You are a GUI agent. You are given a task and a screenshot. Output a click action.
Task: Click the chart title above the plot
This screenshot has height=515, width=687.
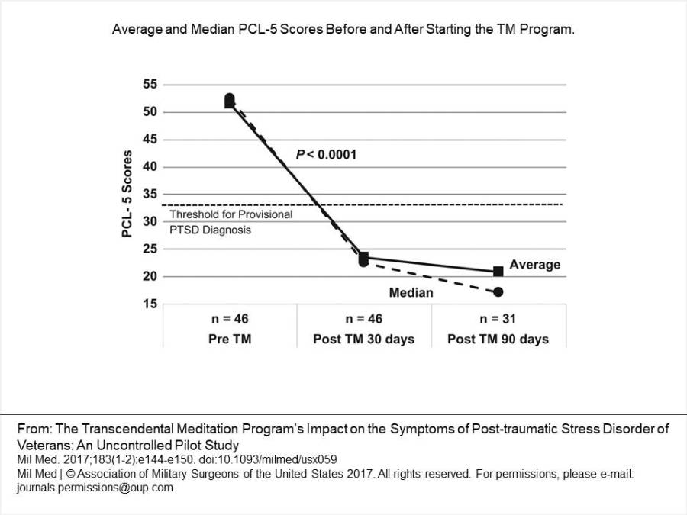coord(343,30)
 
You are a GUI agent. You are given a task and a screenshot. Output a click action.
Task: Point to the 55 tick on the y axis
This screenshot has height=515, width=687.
coord(150,85)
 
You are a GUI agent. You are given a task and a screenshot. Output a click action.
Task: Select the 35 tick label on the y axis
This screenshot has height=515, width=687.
coord(150,195)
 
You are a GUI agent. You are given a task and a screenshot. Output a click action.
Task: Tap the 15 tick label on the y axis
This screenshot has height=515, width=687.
coord(150,304)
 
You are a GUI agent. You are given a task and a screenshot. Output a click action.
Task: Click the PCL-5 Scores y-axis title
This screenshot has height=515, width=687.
coord(127,194)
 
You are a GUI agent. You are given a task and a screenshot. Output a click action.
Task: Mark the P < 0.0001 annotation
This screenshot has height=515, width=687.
coord(327,155)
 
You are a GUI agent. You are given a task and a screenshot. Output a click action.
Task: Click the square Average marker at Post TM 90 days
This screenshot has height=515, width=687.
coord(498,271)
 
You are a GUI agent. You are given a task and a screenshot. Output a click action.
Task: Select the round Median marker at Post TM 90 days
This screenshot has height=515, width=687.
coord(498,292)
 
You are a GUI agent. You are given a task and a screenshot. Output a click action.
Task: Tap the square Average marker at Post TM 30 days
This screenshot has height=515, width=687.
coord(364,258)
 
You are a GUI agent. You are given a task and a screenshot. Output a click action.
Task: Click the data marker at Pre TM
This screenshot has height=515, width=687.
coord(230,100)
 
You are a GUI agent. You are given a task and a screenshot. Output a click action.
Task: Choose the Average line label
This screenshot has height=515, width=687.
coord(534,265)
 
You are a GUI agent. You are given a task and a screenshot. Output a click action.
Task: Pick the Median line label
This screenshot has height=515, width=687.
coord(411,292)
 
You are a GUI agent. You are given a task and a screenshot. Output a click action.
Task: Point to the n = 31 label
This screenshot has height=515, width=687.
coord(498,319)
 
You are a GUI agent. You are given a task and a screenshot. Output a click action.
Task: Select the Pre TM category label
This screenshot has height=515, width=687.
coord(229,339)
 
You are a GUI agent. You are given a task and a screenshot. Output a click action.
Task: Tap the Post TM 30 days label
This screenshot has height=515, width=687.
coord(363,339)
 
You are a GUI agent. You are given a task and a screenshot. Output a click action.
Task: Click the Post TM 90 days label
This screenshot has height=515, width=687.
coord(498,339)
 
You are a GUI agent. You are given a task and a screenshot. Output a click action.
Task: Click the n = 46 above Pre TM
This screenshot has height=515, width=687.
coord(229,319)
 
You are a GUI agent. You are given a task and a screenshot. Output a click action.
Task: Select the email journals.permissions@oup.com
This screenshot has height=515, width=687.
coord(95,488)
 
